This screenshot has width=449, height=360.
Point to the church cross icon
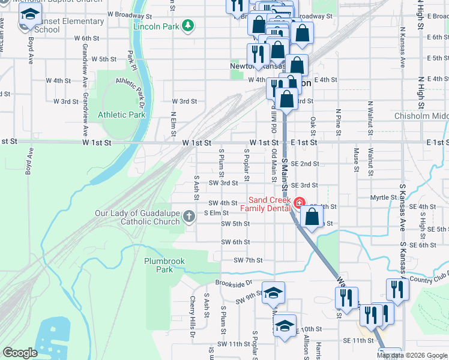189,216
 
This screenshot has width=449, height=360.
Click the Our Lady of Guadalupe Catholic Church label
137,217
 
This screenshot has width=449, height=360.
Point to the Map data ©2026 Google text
411,355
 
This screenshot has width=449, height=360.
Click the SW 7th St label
249,260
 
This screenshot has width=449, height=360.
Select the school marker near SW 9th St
273,293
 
